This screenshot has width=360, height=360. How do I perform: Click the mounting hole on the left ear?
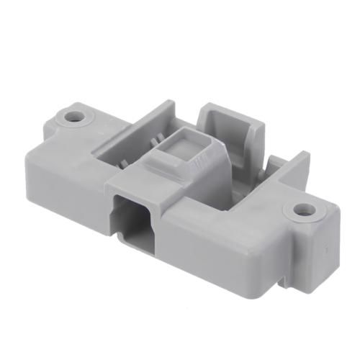[73, 115]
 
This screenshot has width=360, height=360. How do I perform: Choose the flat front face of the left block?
[68, 180]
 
